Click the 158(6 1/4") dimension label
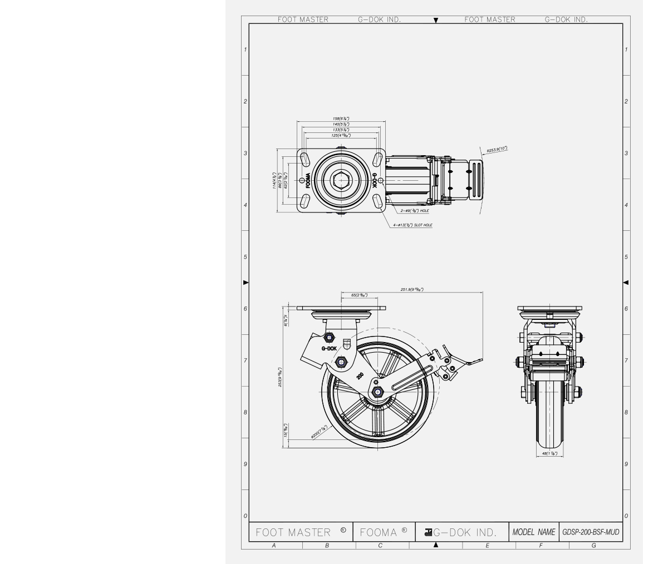click(x=341, y=119)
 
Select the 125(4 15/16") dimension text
click(x=341, y=135)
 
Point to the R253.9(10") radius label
click(x=497, y=149)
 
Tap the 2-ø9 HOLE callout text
click(x=415, y=211)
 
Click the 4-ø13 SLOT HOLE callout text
click(x=412, y=225)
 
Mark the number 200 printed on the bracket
click(x=359, y=379)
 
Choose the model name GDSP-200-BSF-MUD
click(x=590, y=532)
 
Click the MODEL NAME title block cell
click(x=534, y=532)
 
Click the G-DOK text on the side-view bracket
click(x=329, y=349)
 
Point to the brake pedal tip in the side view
click(x=479, y=362)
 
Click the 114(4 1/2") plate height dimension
click(x=274, y=181)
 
